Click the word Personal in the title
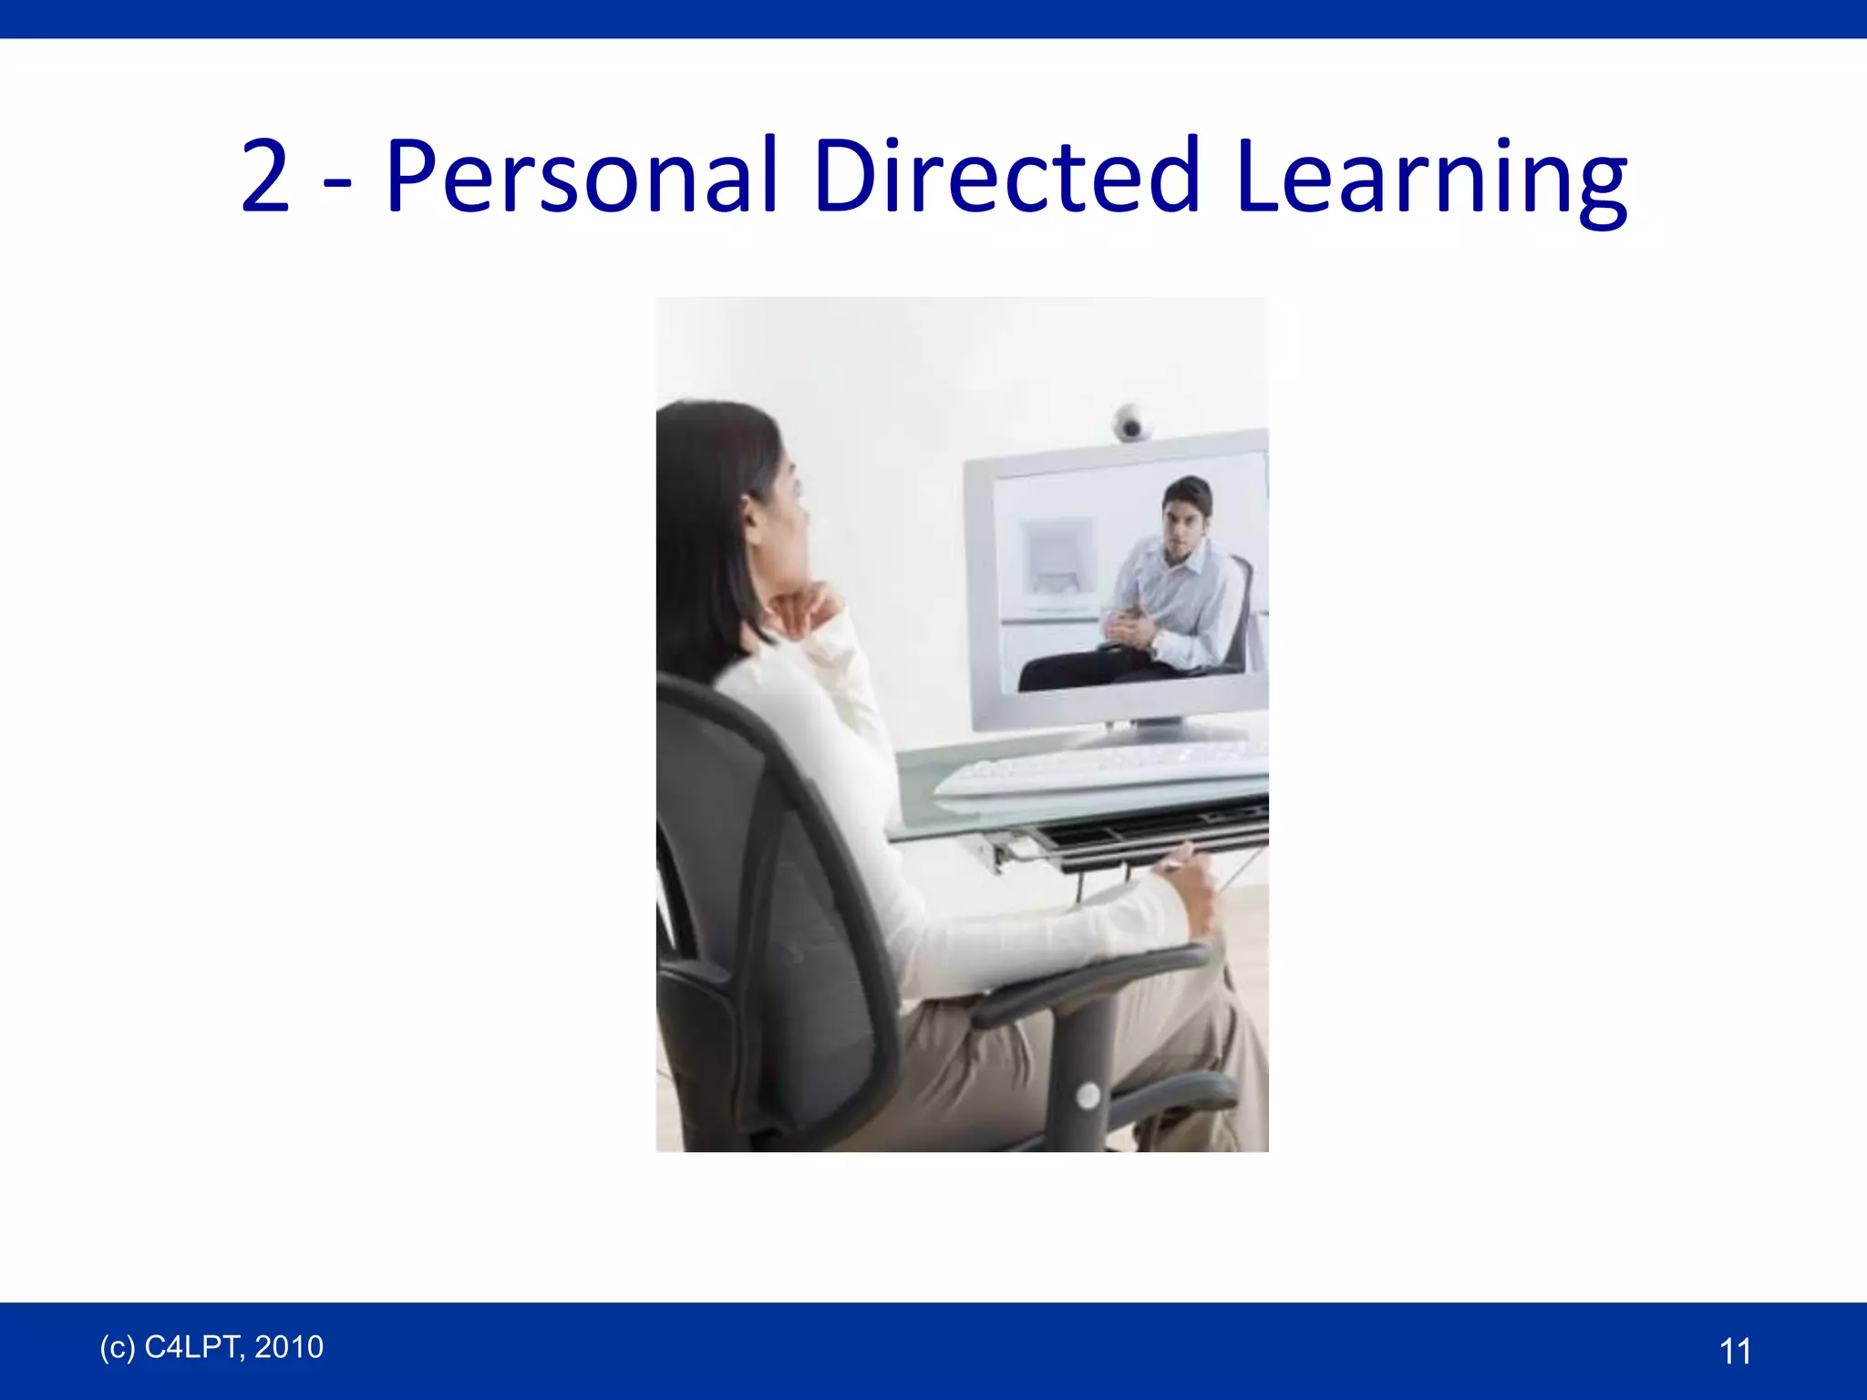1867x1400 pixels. [x=582, y=175]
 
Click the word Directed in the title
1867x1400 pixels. [x=1006, y=175]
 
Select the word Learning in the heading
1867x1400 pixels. [x=1431, y=179]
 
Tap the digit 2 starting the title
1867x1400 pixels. [x=265, y=177]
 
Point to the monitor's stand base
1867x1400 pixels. [x=1158, y=732]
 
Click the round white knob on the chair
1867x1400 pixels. [x=1088, y=1095]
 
